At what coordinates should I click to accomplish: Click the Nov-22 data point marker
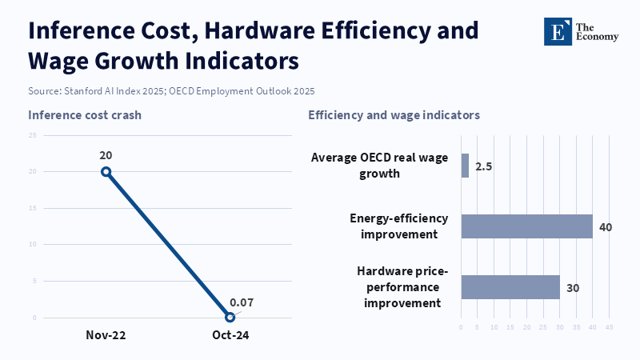(x=106, y=172)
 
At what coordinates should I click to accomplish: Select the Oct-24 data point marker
(x=230, y=317)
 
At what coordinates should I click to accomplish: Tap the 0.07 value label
(x=242, y=302)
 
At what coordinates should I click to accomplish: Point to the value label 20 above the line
(x=106, y=155)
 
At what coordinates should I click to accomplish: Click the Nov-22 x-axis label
(x=106, y=335)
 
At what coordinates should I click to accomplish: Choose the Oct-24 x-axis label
(x=230, y=335)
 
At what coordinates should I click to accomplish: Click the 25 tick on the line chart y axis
(x=33, y=135)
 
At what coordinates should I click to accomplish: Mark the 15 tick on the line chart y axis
(x=33, y=208)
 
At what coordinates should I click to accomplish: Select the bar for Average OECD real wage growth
(x=465, y=166)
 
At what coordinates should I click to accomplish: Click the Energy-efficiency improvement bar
(x=527, y=226)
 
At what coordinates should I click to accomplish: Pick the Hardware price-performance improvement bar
(x=510, y=287)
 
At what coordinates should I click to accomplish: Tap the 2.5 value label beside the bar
(x=484, y=166)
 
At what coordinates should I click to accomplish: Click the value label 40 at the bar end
(x=606, y=227)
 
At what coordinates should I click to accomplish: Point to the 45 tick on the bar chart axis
(x=609, y=327)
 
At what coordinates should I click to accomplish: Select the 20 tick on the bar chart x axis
(x=527, y=327)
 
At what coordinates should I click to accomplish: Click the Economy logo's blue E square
(x=558, y=31)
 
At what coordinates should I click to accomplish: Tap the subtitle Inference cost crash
(x=85, y=115)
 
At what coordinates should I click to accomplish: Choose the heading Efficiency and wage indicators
(x=394, y=115)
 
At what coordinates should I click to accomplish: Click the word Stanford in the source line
(x=83, y=91)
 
